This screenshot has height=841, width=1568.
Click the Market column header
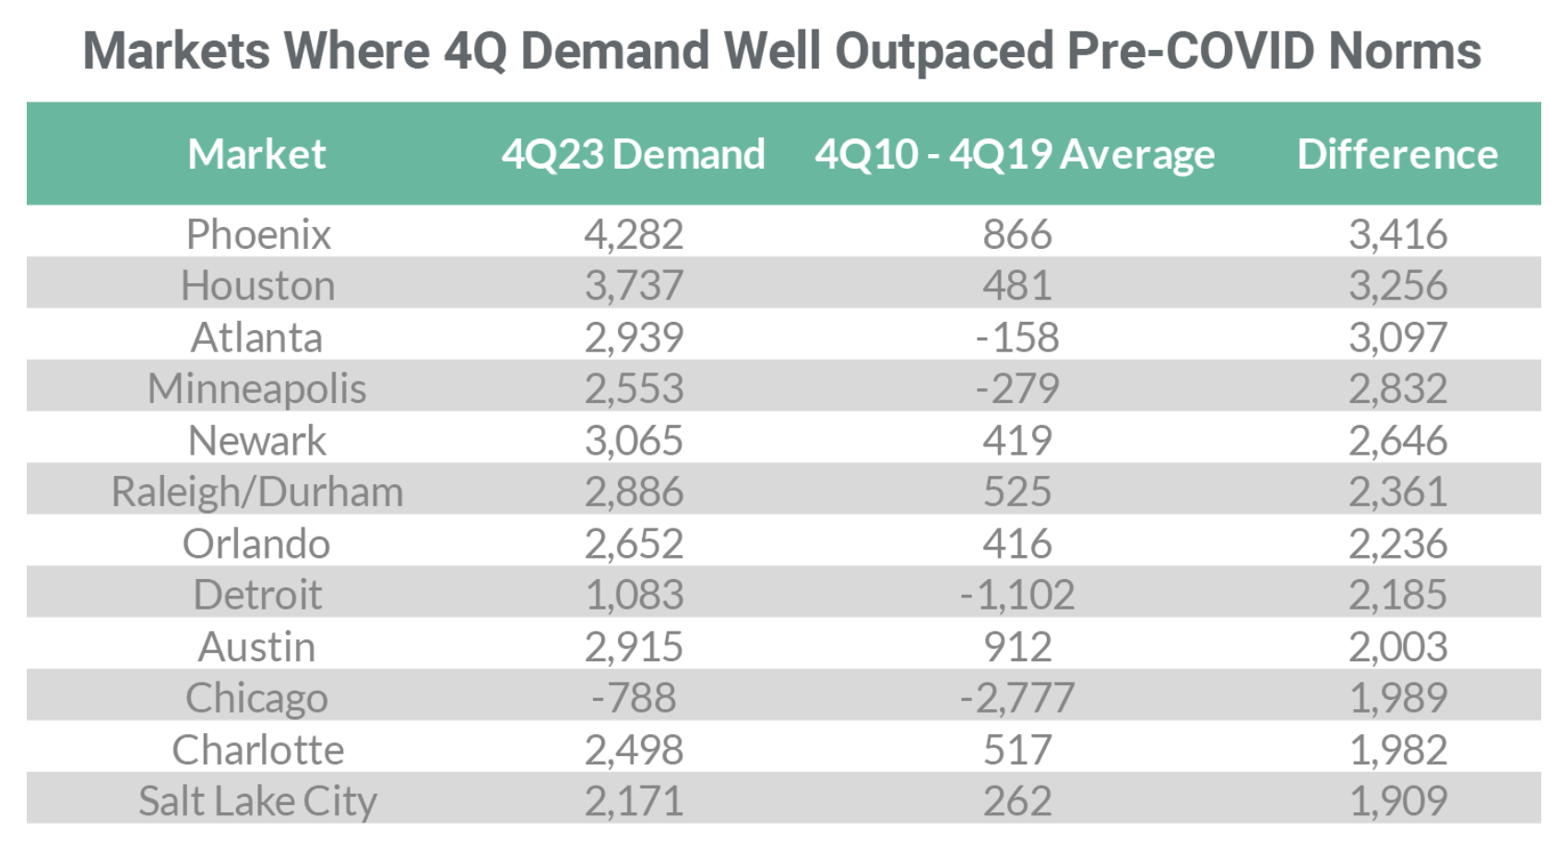pyautogui.click(x=256, y=154)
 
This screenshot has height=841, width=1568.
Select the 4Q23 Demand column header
pyautogui.click(x=633, y=154)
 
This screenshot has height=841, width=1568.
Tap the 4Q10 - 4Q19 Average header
pyautogui.click(x=1015, y=154)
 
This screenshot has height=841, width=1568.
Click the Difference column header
pyautogui.click(x=1396, y=154)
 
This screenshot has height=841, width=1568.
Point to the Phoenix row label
pyautogui.click(x=258, y=234)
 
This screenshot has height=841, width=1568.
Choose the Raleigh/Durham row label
pyautogui.click(x=257, y=492)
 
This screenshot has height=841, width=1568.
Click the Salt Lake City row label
pyautogui.click(x=257, y=800)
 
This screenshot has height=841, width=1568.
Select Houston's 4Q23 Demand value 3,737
pyautogui.click(x=634, y=286)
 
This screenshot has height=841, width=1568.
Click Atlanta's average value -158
pyautogui.click(x=1016, y=338)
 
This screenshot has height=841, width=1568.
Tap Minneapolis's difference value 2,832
pyautogui.click(x=1397, y=388)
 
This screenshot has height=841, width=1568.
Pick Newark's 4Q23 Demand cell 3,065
pyautogui.click(x=634, y=441)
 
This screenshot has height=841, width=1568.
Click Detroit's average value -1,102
pyautogui.click(x=1016, y=595)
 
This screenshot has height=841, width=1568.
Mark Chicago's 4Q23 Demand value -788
pyautogui.click(x=634, y=697)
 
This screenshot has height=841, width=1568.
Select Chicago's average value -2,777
pyautogui.click(x=1016, y=697)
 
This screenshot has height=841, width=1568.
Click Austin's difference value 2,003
pyautogui.click(x=1397, y=646)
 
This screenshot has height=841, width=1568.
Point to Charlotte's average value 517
pyautogui.click(x=1016, y=750)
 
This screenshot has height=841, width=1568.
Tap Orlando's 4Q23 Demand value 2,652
pyautogui.click(x=634, y=543)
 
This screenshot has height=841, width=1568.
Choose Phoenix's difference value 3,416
pyautogui.click(x=1397, y=234)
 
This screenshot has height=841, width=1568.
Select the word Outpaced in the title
pyautogui.click(x=944, y=51)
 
